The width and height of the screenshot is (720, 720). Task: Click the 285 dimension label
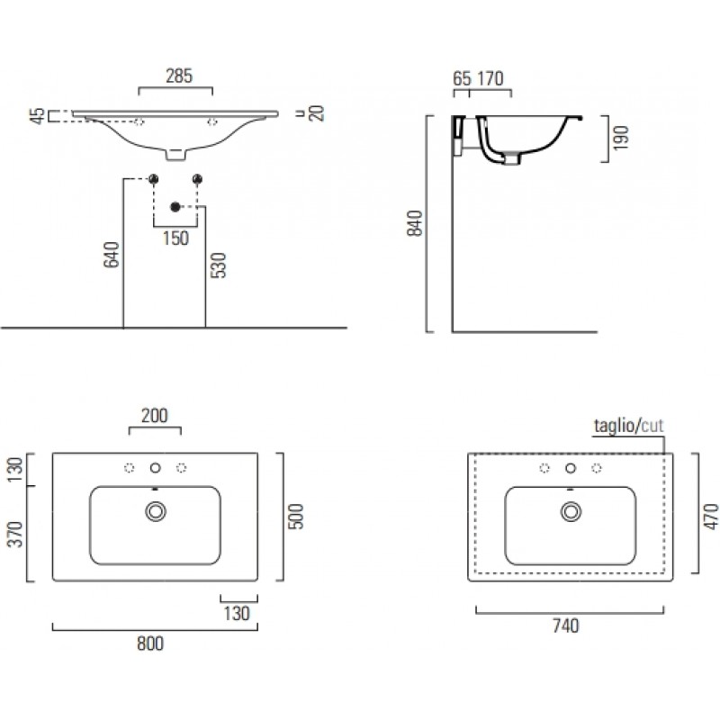point(179,76)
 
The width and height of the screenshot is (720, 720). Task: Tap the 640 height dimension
point(111,255)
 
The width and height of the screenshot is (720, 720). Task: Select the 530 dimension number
point(218,265)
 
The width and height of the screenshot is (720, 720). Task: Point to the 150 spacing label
point(175,238)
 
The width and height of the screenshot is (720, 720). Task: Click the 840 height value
point(415,223)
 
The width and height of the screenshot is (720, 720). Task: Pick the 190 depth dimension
point(620,138)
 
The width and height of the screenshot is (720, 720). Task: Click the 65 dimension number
point(462,78)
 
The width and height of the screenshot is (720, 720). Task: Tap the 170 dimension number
point(490,78)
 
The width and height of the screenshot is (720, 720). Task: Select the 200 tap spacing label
point(155,416)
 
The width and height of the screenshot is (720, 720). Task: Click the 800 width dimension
point(150,643)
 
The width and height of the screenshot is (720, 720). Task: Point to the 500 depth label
point(296,517)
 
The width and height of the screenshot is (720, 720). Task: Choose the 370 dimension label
point(15,535)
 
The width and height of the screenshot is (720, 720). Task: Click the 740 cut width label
point(566,625)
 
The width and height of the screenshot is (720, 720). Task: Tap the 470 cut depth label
point(711,517)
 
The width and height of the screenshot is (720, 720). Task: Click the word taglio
point(614,426)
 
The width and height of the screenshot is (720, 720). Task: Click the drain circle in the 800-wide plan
point(156,511)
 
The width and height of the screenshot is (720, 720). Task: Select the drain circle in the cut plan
point(571,511)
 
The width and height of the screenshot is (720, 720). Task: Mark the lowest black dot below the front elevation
point(175,207)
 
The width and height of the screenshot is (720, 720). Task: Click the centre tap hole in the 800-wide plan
point(155,468)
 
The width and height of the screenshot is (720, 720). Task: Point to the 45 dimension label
point(38,116)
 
